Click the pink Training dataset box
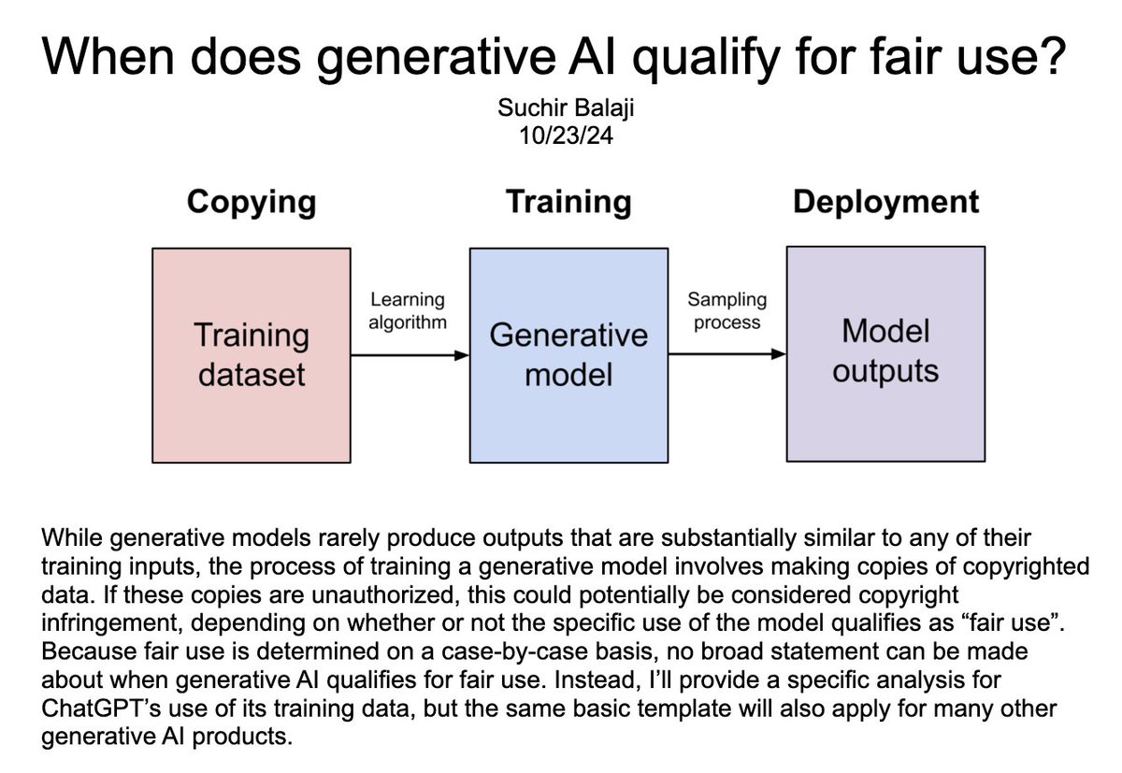point(252,355)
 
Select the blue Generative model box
point(568,355)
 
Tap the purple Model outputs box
point(885,354)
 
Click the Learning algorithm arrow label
point(408,311)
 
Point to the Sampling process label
point(726,311)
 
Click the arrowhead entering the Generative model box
point(461,355)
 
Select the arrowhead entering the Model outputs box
point(778,354)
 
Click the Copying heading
point(252,202)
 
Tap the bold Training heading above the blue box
point(568,202)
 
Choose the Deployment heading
point(885,202)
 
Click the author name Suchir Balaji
point(566,107)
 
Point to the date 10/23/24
point(566,136)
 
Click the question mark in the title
point(1050,55)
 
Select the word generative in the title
point(436,58)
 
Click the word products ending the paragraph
point(242,737)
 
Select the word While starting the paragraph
point(72,537)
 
